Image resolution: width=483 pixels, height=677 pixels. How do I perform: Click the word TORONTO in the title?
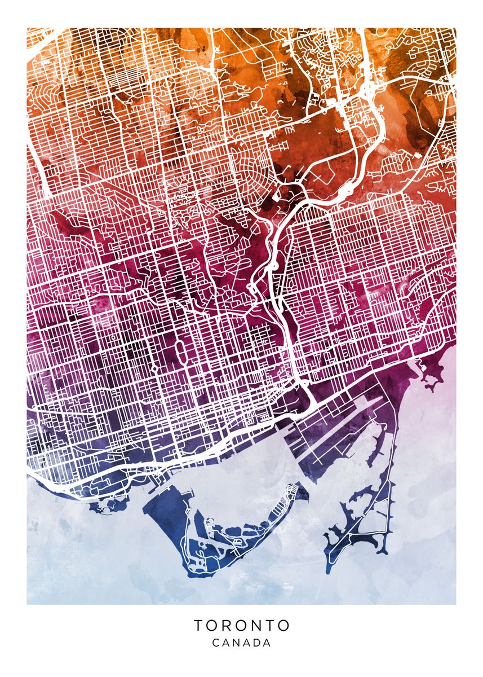pyautogui.click(x=242, y=625)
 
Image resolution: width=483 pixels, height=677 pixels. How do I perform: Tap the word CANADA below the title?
pyautogui.click(x=242, y=643)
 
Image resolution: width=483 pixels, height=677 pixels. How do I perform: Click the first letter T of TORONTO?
pyautogui.click(x=199, y=625)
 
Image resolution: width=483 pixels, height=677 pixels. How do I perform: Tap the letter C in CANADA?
pyautogui.click(x=216, y=643)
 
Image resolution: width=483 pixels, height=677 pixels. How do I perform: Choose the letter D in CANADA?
pyautogui.click(x=256, y=643)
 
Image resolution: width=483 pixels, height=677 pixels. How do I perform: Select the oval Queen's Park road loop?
pyautogui.click(x=180, y=353)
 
